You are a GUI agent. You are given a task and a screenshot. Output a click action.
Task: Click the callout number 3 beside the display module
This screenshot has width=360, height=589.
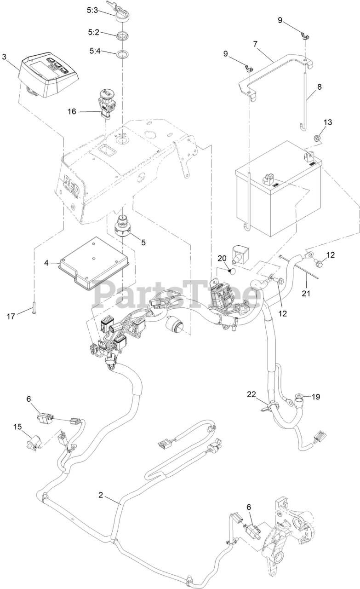[4, 57]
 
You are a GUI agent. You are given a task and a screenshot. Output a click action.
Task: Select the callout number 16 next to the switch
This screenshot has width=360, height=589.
[72, 111]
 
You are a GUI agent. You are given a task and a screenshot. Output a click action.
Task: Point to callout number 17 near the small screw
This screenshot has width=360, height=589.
[11, 316]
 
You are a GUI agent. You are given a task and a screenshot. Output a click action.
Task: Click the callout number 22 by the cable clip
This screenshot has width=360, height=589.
[251, 394]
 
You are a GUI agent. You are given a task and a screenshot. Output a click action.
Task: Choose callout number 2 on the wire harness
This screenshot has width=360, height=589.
[101, 495]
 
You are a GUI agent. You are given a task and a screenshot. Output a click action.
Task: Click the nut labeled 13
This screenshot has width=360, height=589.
[317, 138]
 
